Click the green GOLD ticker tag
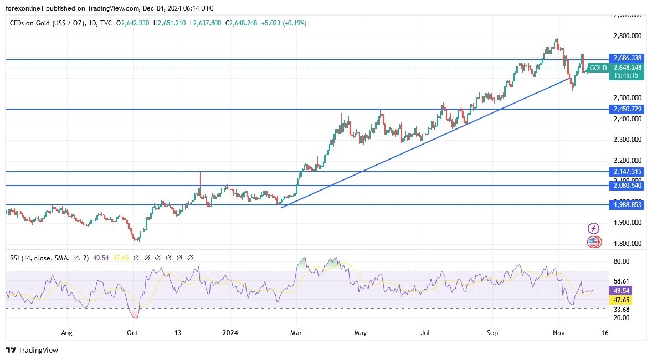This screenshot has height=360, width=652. pos(598,68)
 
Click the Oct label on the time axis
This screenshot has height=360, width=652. pos(132,333)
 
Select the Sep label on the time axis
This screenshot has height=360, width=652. pos(492,333)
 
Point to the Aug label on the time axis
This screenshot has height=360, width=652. pos(66,333)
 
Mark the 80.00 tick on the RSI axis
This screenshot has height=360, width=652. pos(622,261)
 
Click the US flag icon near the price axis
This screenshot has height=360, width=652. pos(593,241)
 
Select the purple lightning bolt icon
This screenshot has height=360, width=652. pos(593,228)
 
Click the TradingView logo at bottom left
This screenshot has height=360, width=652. pos(32,350)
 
